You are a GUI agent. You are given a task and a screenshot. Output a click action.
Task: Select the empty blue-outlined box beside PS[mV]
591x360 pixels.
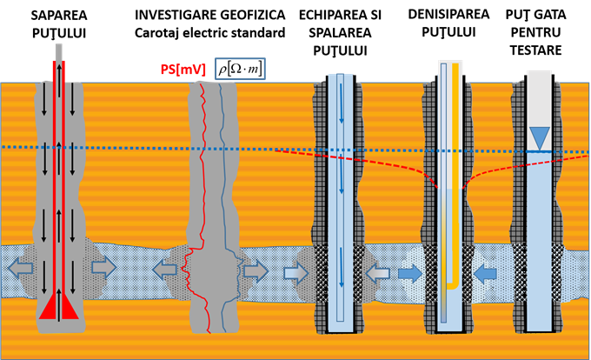pyautogui.click(x=240, y=69)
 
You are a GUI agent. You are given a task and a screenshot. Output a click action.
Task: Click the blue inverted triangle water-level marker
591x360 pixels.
pyautogui.click(x=540, y=137)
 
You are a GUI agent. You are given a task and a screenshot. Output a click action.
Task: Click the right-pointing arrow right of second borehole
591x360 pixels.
pyautogui.click(x=256, y=271)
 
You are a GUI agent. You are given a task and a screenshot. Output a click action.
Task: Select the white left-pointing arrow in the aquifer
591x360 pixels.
pyautogui.click(x=377, y=273)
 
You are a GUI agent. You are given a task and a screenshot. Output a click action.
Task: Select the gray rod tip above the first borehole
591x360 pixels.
pyautogui.click(x=58, y=50)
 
